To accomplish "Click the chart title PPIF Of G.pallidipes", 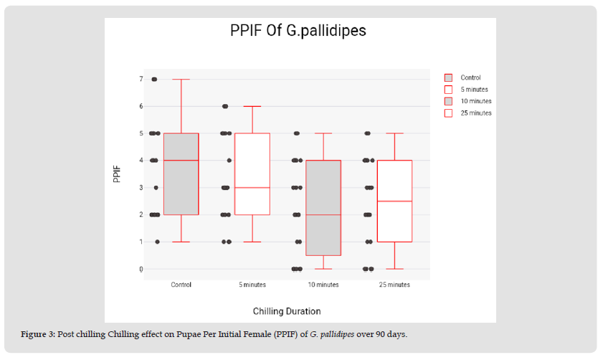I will coord(298,31).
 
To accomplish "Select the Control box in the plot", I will coord(181,186).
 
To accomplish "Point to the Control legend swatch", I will coord(449,77).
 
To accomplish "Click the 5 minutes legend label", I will coord(474,89).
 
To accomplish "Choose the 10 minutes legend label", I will coord(475,101).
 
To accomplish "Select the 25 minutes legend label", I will coord(475,113).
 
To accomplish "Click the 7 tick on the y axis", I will coord(141,79).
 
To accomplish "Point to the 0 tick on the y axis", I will coord(141,269).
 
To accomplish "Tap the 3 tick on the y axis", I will coord(141,188).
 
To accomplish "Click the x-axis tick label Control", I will coord(181,285).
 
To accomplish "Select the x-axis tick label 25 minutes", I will coord(394,285).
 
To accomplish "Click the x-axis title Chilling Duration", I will coord(287,311).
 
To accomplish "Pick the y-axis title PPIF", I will coord(116,174).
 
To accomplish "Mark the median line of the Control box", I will coord(181,160).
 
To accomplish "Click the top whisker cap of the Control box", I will coord(181,79).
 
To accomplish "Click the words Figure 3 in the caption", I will coord(39,334).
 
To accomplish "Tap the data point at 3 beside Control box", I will coord(156,188).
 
